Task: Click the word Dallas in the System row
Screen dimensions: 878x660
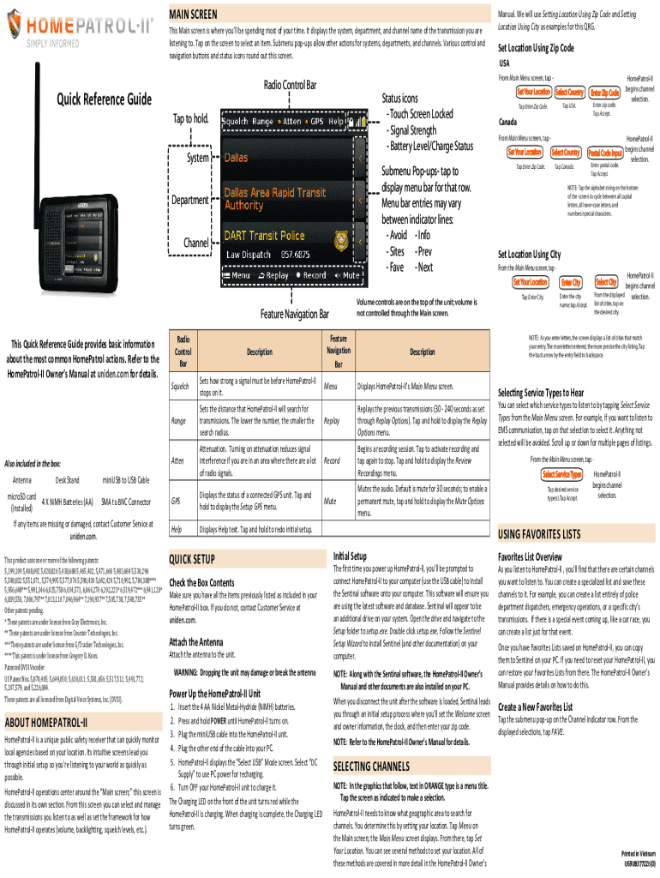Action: pyautogui.click(x=237, y=158)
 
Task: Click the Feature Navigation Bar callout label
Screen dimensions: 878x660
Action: pyautogui.click(x=296, y=316)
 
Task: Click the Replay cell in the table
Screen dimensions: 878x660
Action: pyautogui.click(x=333, y=421)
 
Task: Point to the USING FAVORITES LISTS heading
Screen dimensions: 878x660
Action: pyautogui.click(x=546, y=534)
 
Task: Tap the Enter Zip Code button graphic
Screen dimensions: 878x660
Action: pyautogui.click(x=605, y=92)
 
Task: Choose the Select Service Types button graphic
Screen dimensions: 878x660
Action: pyautogui.click(x=562, y=475)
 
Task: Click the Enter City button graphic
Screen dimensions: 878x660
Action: pyautogui.click(x=571, y=283)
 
